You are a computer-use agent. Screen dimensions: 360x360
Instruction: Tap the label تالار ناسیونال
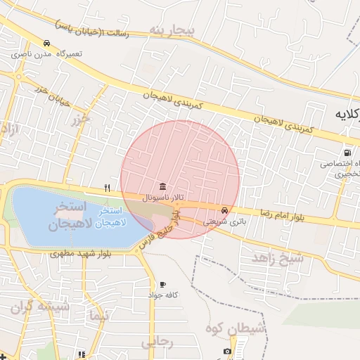(163, 198)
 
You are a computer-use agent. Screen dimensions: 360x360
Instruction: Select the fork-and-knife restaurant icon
(107, 187)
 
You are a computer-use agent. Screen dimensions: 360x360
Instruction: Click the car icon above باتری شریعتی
(224, 210)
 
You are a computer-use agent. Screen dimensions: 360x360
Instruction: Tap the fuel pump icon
(347, 152)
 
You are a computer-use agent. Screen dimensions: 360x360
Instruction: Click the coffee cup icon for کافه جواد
(163, 284)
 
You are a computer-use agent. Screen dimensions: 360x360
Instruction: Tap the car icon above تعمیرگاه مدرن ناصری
(46, 42)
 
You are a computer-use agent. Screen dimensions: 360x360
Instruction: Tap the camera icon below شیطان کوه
(227, 351)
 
